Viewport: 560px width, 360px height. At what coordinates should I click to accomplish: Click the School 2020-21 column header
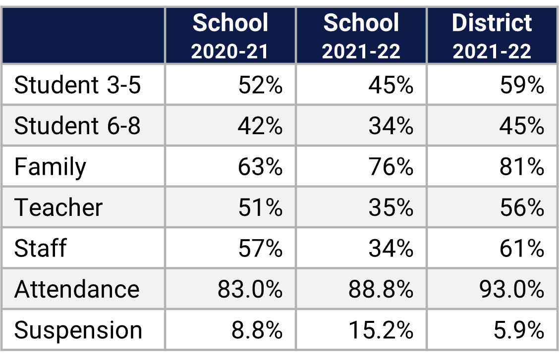point(230,36)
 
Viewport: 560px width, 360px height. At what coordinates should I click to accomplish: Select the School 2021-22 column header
point(361,36)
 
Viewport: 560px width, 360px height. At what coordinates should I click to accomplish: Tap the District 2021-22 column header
point(492,36)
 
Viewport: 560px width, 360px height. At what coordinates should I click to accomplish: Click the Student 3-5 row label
point(78,85)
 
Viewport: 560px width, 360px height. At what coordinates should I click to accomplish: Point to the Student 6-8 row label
point(78,126)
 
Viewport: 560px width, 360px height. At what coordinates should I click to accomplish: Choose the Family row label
point(50,167)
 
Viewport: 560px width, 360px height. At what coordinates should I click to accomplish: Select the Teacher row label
point(58,207)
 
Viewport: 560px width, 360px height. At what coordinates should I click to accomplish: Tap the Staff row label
point(40,248)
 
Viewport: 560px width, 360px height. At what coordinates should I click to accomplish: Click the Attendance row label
point(77,289)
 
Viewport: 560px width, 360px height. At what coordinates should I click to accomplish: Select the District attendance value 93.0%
point(512,289)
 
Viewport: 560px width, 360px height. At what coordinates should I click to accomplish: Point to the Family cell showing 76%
point(391,167)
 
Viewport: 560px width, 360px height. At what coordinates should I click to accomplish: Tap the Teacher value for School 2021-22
point(391,207)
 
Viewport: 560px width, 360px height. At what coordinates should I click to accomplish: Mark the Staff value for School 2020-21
point(260,248)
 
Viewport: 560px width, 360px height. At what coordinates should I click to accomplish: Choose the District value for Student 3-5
point(521,85)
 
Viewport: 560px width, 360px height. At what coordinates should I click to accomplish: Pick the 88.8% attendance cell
point(381,289)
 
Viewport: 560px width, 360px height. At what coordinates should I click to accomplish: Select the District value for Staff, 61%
point(521,248)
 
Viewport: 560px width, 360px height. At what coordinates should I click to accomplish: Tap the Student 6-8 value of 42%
point(260,126)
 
